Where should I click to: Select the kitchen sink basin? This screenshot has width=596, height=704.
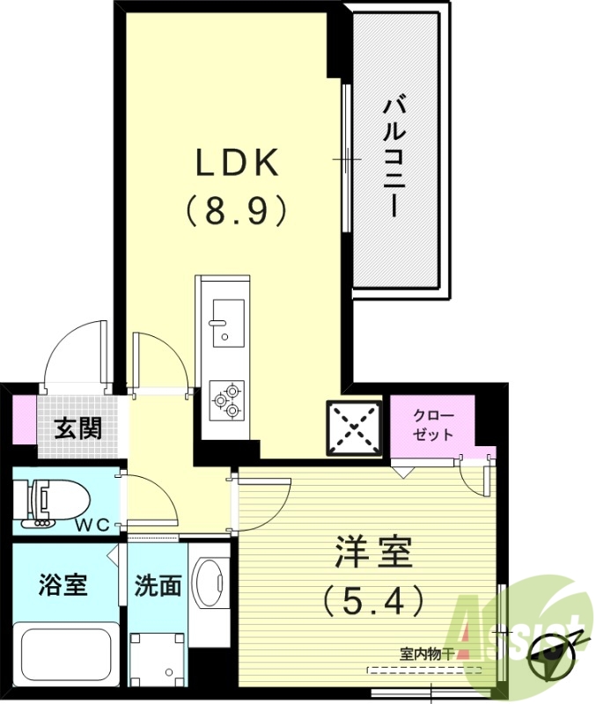[227, 322]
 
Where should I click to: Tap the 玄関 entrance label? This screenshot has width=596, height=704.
[77, 429]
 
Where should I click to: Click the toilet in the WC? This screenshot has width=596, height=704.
[57, 502]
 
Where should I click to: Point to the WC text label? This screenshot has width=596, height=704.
[92, 525]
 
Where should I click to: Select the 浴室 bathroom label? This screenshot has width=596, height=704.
[63, 584]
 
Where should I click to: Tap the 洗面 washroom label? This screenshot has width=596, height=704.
[158, 586]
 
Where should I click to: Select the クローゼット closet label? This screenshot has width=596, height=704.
[432, 425]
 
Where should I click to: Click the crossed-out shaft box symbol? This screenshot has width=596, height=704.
[355, 429]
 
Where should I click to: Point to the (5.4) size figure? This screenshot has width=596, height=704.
[373, 601]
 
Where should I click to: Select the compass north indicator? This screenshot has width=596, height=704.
[553, 651]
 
